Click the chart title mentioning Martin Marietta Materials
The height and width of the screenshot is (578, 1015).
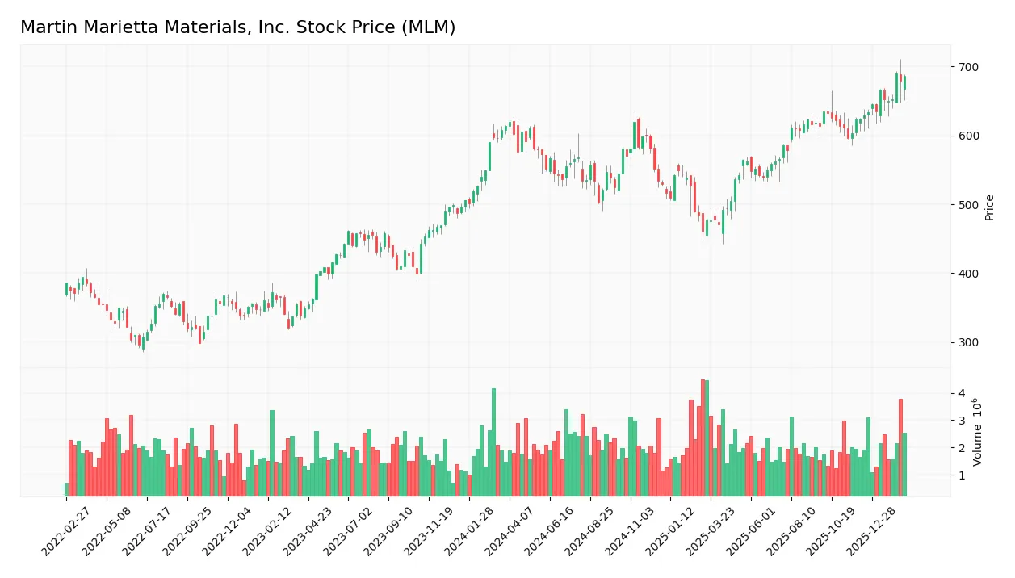(x=237, y=27)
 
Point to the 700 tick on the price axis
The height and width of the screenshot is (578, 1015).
(x=968, y=67)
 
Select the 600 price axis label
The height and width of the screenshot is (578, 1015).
(x=968, y=136)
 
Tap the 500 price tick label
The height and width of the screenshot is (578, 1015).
(x=968, y=205)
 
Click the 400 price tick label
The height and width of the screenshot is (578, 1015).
(x=968, y=274)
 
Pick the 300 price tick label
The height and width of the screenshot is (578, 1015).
(x=968, y=343)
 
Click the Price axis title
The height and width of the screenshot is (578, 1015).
(x=989, y=207)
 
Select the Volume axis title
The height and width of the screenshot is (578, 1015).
(x=978, y=432)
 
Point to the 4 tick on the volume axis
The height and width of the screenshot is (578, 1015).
(x=962, y=394)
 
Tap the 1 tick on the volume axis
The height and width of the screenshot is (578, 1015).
(x=962, y=475)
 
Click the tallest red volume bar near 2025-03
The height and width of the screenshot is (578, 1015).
(x=703, y=438)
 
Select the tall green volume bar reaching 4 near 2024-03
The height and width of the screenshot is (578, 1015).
(x=493, y=442)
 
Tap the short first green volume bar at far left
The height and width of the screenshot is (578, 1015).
(x=66, y=489)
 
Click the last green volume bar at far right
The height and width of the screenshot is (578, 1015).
(x=904, y=465)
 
